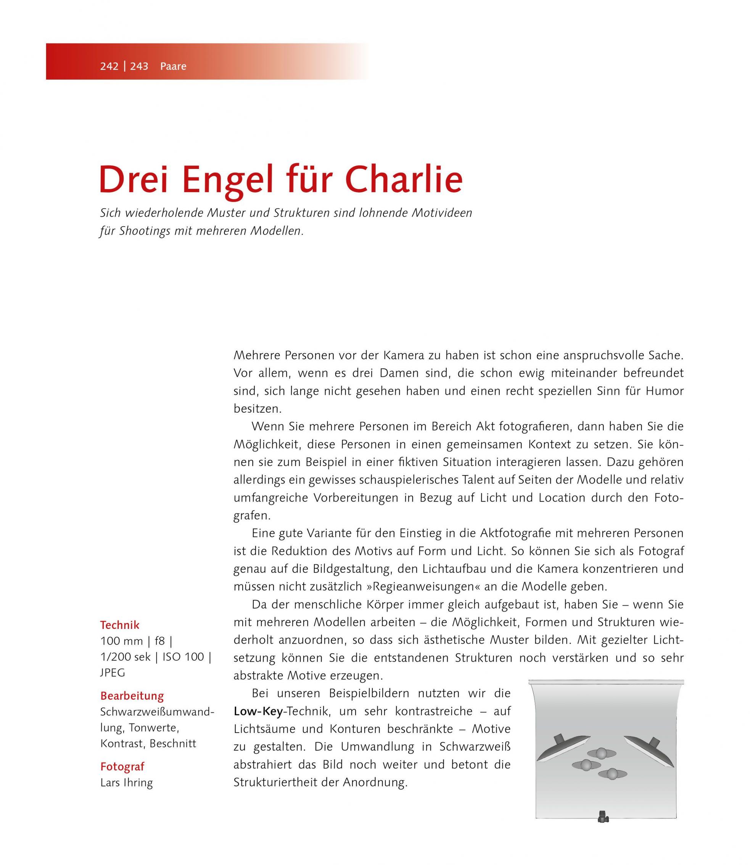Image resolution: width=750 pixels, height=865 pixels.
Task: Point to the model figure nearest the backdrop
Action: pos(602,754)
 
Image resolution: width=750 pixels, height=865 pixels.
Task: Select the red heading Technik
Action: pos(120,625)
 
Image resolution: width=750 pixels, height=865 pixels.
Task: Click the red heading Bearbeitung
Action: pos(132,696)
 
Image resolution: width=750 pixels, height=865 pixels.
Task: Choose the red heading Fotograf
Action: pos(122,767)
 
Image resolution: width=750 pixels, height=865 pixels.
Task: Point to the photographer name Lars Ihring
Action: pos(126,783)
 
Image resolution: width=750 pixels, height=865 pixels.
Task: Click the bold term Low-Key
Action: pos(258,711)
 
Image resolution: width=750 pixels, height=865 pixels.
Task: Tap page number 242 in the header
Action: pos(109,66)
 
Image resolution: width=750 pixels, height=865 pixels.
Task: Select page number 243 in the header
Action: pos(139,66)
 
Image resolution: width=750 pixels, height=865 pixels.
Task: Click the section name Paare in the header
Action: pos(173,66)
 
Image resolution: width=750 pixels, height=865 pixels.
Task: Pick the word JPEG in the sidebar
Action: pos(113,672)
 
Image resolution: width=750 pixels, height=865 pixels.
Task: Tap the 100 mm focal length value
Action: pos(121,641)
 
